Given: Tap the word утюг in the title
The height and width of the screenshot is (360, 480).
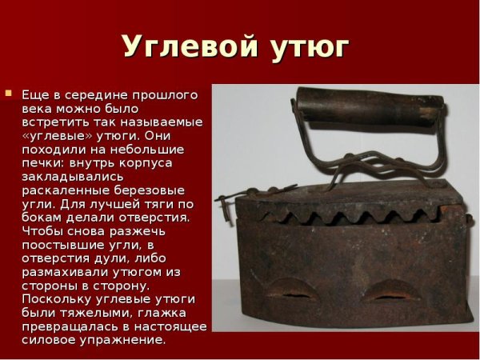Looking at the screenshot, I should (309, 48).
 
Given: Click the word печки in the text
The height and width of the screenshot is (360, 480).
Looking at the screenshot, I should (39, 162).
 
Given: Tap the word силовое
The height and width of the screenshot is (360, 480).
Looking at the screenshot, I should (46, 339).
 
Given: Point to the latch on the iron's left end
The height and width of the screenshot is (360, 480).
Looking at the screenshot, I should (227, 198).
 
